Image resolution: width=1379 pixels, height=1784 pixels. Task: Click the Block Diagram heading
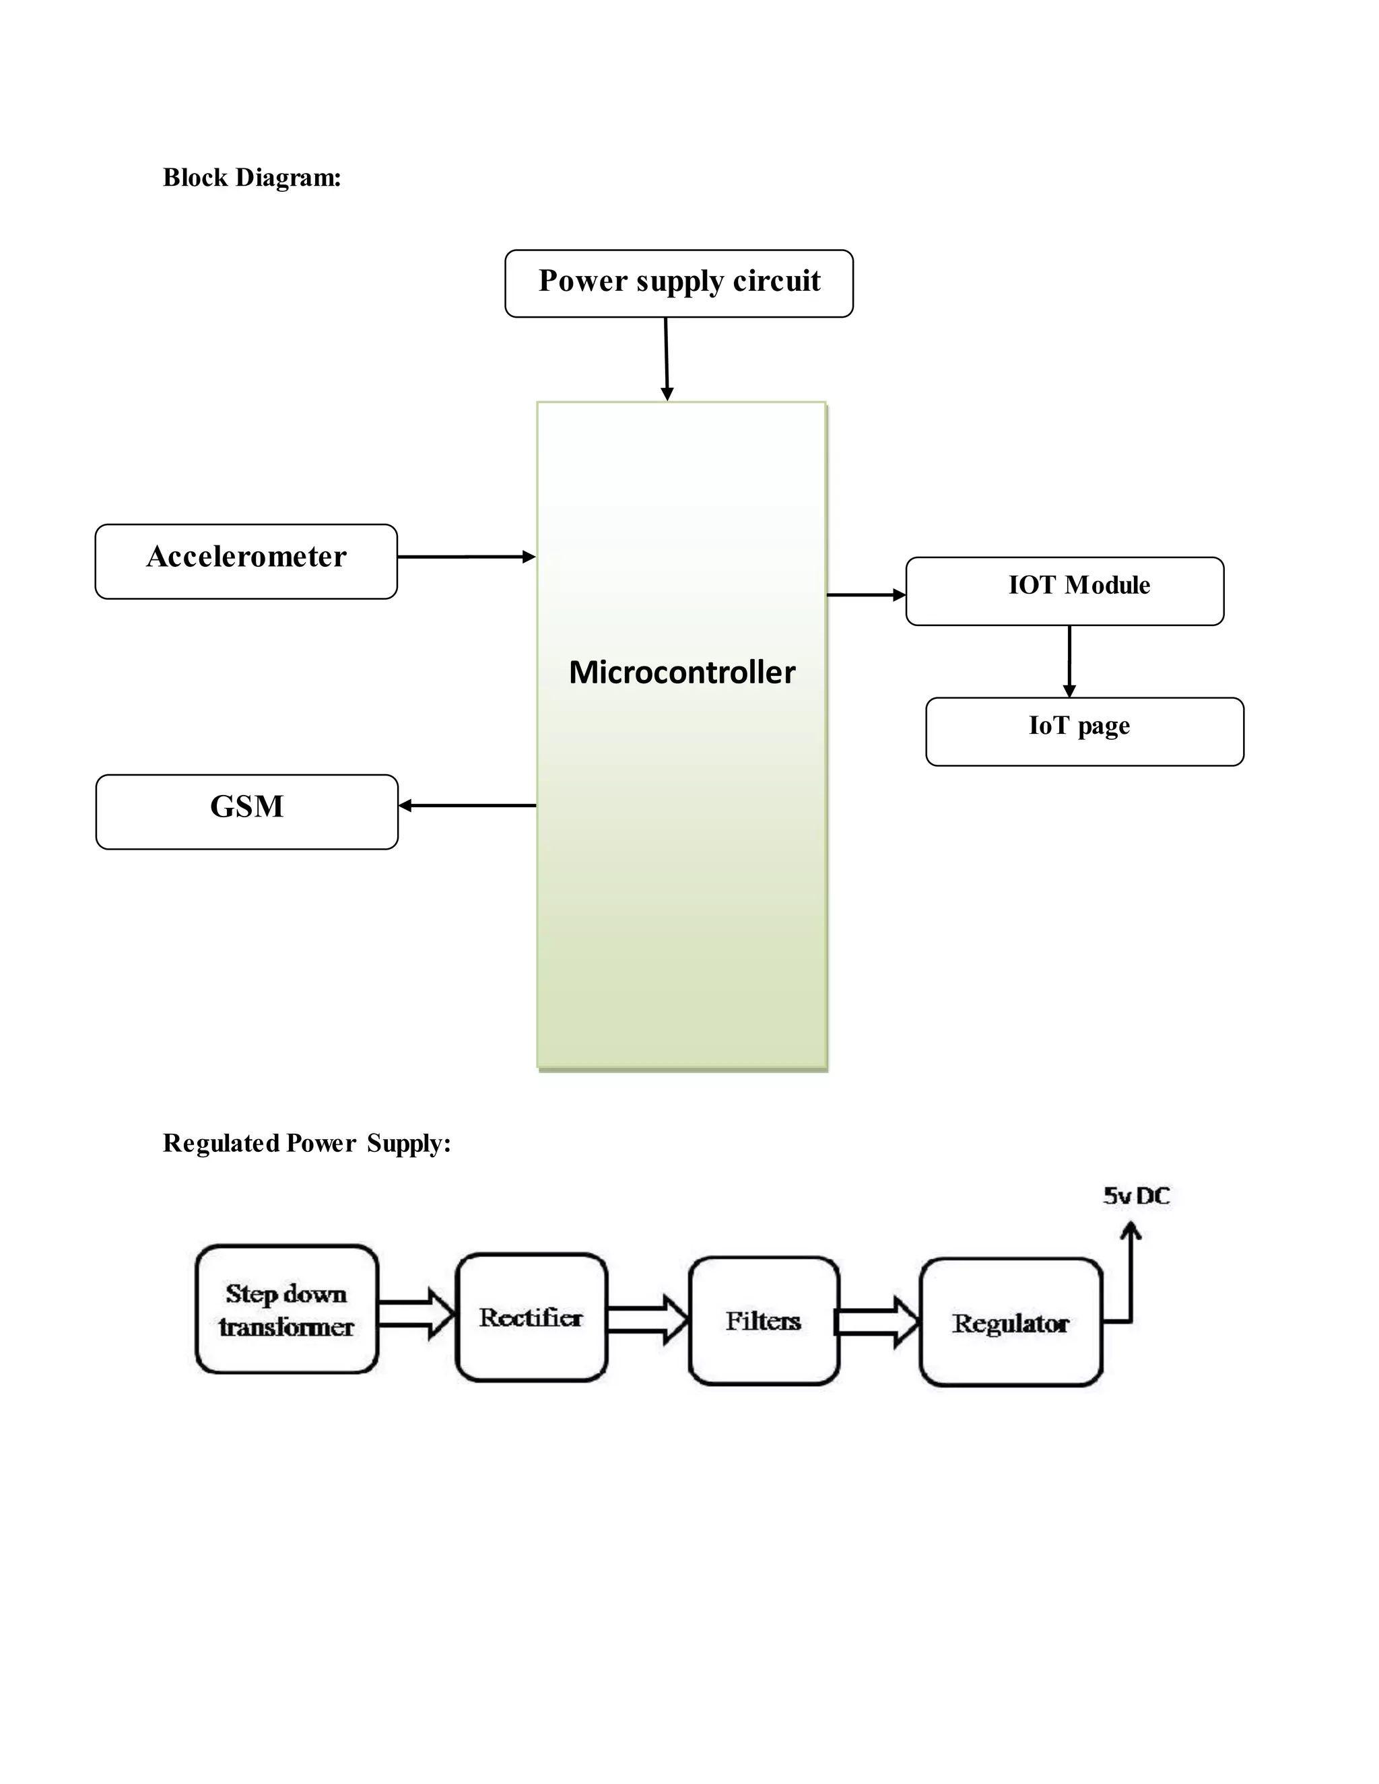(252, 177)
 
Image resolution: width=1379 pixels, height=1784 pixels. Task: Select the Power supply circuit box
(679, 283)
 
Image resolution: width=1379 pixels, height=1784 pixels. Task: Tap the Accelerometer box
(246, 561)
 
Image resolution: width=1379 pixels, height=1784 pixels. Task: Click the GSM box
(246, 811)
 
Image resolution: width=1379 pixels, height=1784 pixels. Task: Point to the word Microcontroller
(682, 673)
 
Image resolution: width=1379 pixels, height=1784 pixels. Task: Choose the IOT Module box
(1065, 590)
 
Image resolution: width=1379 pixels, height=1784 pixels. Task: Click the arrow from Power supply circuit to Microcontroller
(667, 359)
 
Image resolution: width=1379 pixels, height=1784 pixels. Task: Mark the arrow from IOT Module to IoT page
(1069, 661)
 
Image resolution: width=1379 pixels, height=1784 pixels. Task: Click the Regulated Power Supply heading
(306, 1143)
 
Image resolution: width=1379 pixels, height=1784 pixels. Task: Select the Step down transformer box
(287, 1309)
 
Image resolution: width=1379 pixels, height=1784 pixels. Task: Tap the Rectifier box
(531, 1317)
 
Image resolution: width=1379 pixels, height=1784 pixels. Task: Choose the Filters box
(764, 1321)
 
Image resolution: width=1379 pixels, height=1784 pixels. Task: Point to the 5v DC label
(1137, 1196)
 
